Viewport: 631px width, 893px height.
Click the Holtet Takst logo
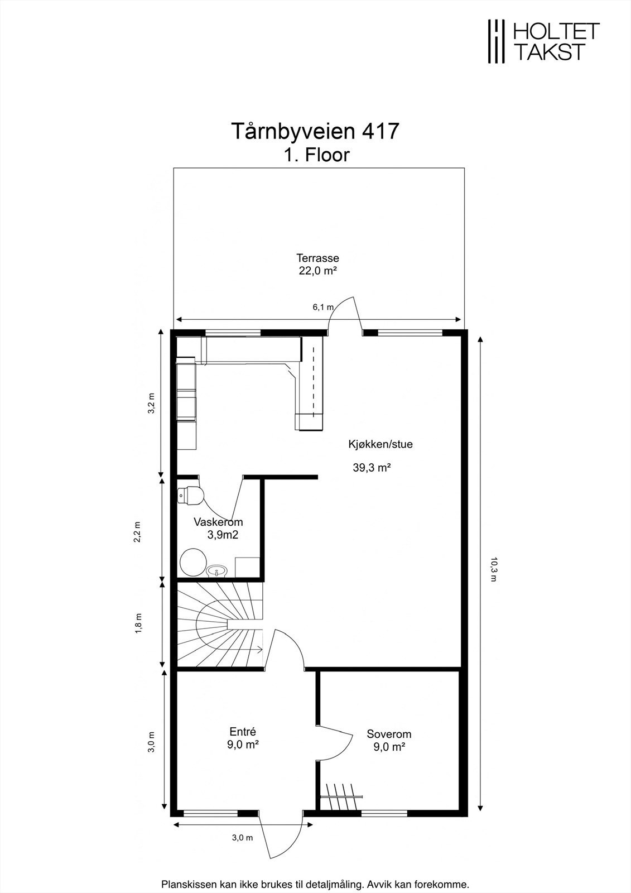point(544,42)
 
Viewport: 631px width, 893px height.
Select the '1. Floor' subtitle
point(316,155)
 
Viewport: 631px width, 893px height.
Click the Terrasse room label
point(317,258)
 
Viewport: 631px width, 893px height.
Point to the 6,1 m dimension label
point(323,307)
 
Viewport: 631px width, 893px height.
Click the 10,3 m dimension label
point(494,569)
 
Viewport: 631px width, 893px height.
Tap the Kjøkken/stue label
point(380,444)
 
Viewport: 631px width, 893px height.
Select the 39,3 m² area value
point(372,468)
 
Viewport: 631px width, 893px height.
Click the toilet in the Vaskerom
point(191,496)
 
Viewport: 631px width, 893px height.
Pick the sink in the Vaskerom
point(217,571)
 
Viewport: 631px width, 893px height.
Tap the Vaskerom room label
point(219,522)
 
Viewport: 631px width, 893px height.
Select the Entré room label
point(243,732)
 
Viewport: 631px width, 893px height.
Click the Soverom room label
point(389,734)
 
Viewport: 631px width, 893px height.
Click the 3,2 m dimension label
point(151,404)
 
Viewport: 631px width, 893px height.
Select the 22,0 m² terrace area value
point(318,271)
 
